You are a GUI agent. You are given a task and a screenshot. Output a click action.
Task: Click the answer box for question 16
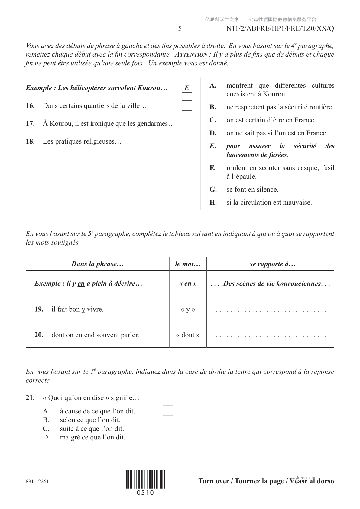[x=187, y=105]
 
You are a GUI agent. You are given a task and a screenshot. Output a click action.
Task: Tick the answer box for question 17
[x=187, y=123]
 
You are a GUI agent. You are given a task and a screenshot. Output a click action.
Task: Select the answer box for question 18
[x=187, y=141]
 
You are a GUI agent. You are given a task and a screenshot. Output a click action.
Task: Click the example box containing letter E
[x=187, y=88]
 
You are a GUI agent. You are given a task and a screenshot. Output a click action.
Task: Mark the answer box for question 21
[x=168, y=411]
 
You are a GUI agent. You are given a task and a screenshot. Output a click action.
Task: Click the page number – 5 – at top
[x=180, y=29]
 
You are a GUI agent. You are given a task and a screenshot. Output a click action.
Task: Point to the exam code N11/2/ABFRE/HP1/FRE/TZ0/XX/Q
[x=280, y=29]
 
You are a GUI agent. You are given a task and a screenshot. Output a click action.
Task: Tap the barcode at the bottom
[x=146, y=479]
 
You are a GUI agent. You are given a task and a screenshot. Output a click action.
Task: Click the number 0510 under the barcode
[x=145, y=493]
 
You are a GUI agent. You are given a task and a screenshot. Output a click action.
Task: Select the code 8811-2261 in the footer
[x=37, y=481]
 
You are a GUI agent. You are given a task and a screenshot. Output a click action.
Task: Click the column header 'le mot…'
[x=188, y=264]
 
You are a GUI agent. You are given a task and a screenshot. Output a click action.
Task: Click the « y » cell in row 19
[x=188, y=309]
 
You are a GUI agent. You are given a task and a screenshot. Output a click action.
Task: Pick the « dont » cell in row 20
[x=188, y=335]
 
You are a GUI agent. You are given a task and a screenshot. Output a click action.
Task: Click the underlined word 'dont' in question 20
[x=58, y=335]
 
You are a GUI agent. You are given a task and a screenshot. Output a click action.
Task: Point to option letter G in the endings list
[x=213, y=190]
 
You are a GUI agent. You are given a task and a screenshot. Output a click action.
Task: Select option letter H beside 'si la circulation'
[x=213, y=203]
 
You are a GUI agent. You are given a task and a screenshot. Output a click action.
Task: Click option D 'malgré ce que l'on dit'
[x=92, y=437]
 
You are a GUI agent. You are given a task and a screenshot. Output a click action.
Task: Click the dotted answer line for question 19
[x=271, y=310]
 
